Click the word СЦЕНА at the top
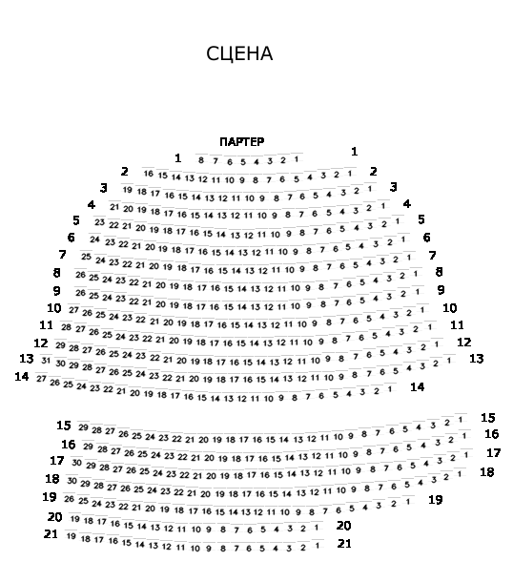click(239, 53)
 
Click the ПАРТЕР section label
click(242, 142)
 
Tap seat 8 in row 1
click(201, 160)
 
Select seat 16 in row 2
click(149, 174)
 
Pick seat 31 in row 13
click(46, 361)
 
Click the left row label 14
click(22, 376)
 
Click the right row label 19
click(436, 500)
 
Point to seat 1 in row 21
click(317, 546)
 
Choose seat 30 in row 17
click(77, 463)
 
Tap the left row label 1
click(178, 158)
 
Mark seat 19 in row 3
click(128, 190)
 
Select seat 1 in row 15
click(461, 420)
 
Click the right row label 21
click(344, 544)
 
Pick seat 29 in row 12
click(60, 345)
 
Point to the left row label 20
click(55, 517)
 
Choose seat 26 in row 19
click(70, 499)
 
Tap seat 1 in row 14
click(389, 389)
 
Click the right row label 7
click(432, 256)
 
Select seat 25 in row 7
click(87, 256)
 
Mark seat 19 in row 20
click(75, 518)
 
